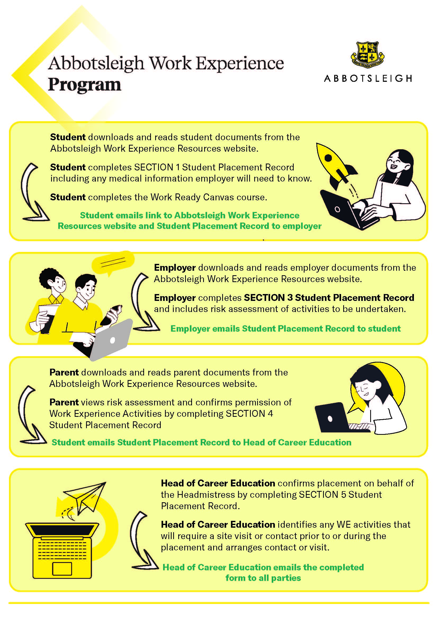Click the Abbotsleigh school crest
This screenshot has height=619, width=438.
[x=367, y=55]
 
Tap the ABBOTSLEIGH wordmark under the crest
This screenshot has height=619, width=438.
[x=368, y=78]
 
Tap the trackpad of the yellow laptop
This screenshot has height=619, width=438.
[x=62, y=569]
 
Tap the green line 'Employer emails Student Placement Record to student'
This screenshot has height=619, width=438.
[x=286, y=329]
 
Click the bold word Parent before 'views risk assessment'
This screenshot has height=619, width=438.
[x=64, y=402]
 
